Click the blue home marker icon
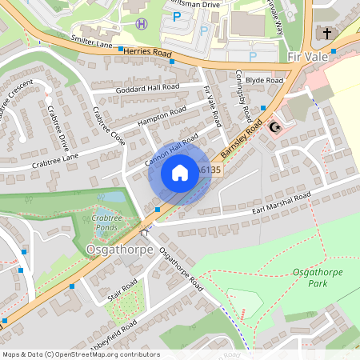pyautogui.click(x=180, y=173)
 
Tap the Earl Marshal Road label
pyautogui.click(x=280, y=203)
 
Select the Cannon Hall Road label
pyautogui.click(x=171, y=150)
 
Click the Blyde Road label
pyautogui.click(x=264, y=81)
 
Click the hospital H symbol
pyautogui.click(x=142, y=23)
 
